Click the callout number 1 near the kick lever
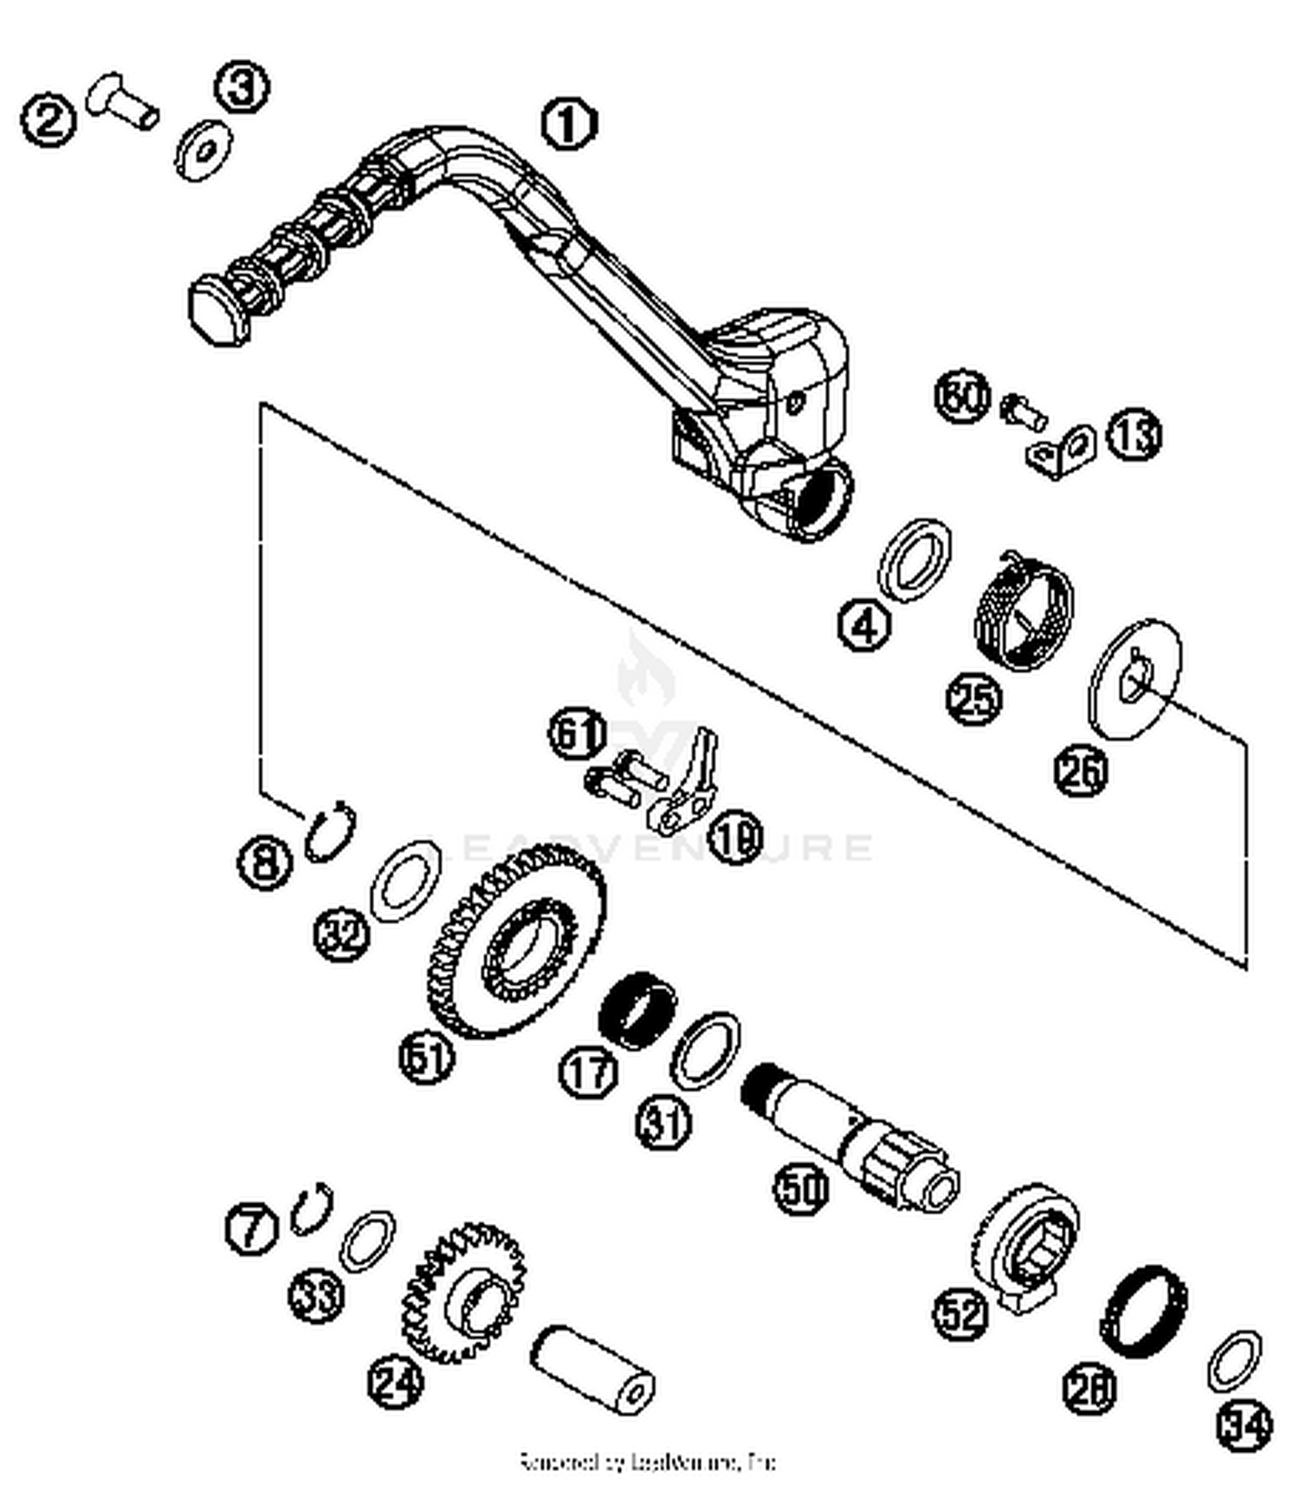[569, 123]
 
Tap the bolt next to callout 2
[123, 100]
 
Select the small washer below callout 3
[204, 150]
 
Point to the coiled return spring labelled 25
[1024, 612]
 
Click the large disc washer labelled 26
[1134, 678]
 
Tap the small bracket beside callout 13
[1062, 450]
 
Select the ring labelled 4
[914, 560]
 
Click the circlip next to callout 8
[329, 831]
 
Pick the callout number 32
[342, 934]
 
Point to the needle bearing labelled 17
[638, 1009]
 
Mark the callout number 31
[664, 1124]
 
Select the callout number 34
[1244, 1425]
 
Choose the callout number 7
[251, 1228]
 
